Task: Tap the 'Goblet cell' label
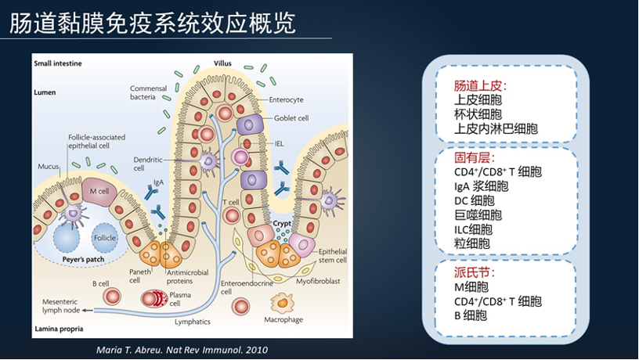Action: coord(291,118)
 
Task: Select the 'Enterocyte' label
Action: coord(286,99)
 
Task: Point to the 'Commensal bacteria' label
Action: coord(149,92)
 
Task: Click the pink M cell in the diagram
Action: coord(99,191)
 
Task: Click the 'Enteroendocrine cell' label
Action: coord(236,286)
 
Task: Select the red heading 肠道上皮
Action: coord(481,86)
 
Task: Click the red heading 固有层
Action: coord(475,157)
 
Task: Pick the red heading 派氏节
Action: coord(475,272)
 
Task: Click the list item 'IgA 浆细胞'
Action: coord(481,186)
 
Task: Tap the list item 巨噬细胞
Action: coord(478,214)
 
